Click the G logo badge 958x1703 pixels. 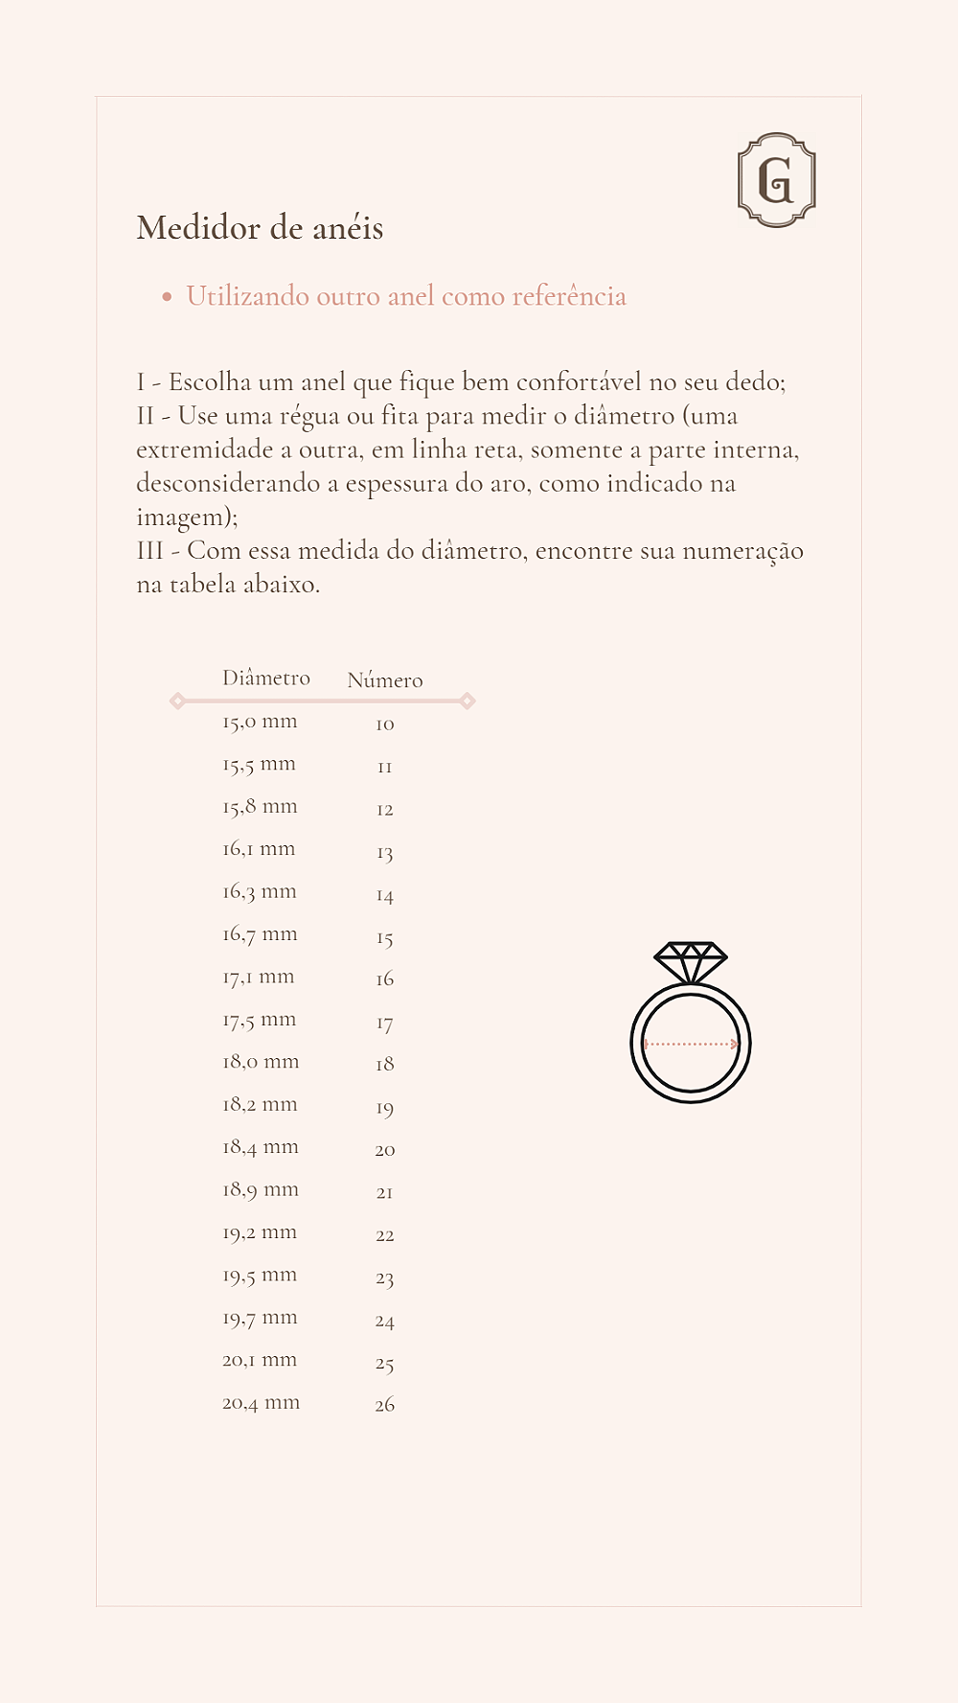[776, 180]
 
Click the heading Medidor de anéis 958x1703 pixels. [260, 228]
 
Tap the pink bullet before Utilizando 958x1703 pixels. [167, 297]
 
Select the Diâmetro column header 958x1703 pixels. [266, 678]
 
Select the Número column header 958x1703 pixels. [384, 679]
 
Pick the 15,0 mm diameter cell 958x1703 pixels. [260, 722]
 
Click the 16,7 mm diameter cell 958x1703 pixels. [260, 934]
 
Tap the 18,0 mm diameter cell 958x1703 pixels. [261, 1062]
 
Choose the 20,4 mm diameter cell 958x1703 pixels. [261, 1403]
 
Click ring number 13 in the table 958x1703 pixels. [385, 852]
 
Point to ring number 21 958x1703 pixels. [385, 1192]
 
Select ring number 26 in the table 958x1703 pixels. [385, 1405]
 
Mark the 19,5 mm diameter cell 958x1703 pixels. [260, 1276]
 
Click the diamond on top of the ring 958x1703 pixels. [690, 960]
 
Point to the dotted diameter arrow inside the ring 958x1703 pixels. [691, 1044]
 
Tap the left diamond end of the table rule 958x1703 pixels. [177, 701]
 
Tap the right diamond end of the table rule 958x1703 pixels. [468, 701]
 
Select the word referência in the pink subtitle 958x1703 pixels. [569, 296]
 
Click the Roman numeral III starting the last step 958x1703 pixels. [150, 551]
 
